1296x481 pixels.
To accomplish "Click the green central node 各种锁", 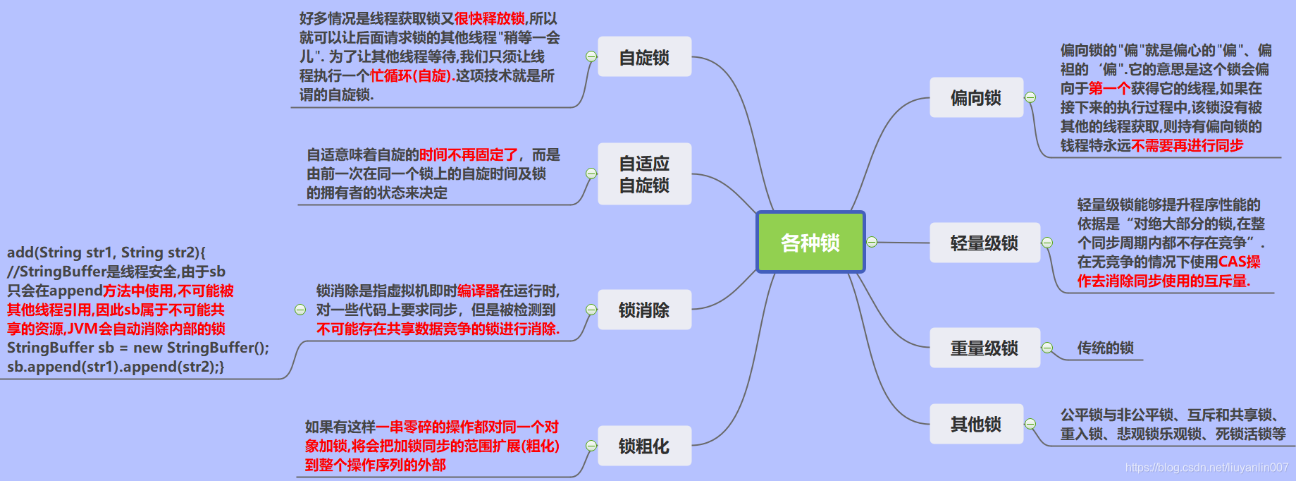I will click(810, 243).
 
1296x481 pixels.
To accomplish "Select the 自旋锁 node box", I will click(644, 57).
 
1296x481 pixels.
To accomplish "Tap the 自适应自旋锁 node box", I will click(644, 174).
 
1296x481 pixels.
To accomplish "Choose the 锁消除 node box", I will click(644, 310).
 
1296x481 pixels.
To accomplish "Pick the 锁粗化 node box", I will click(644, 446).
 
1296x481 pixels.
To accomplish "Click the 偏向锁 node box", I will click(976, 97).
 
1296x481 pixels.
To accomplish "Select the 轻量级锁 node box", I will click(985, 243).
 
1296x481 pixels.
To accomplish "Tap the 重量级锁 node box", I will click(985, 348).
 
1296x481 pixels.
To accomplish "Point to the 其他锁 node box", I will click(976, 424).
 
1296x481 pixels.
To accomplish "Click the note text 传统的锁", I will click(1105, 348).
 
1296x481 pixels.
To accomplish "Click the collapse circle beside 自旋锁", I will click(591, 56).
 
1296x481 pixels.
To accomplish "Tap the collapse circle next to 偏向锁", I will click(1030, 97).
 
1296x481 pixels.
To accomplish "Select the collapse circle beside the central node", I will click(872, 242).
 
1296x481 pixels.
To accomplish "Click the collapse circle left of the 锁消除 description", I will click(300, 310).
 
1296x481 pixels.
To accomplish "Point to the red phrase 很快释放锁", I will click(490, 19).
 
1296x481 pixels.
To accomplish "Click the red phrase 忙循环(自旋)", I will click(411, 76).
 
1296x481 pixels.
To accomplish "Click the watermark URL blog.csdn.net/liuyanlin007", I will click(1206, 468).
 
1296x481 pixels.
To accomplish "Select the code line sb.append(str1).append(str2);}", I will click(116, 367).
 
